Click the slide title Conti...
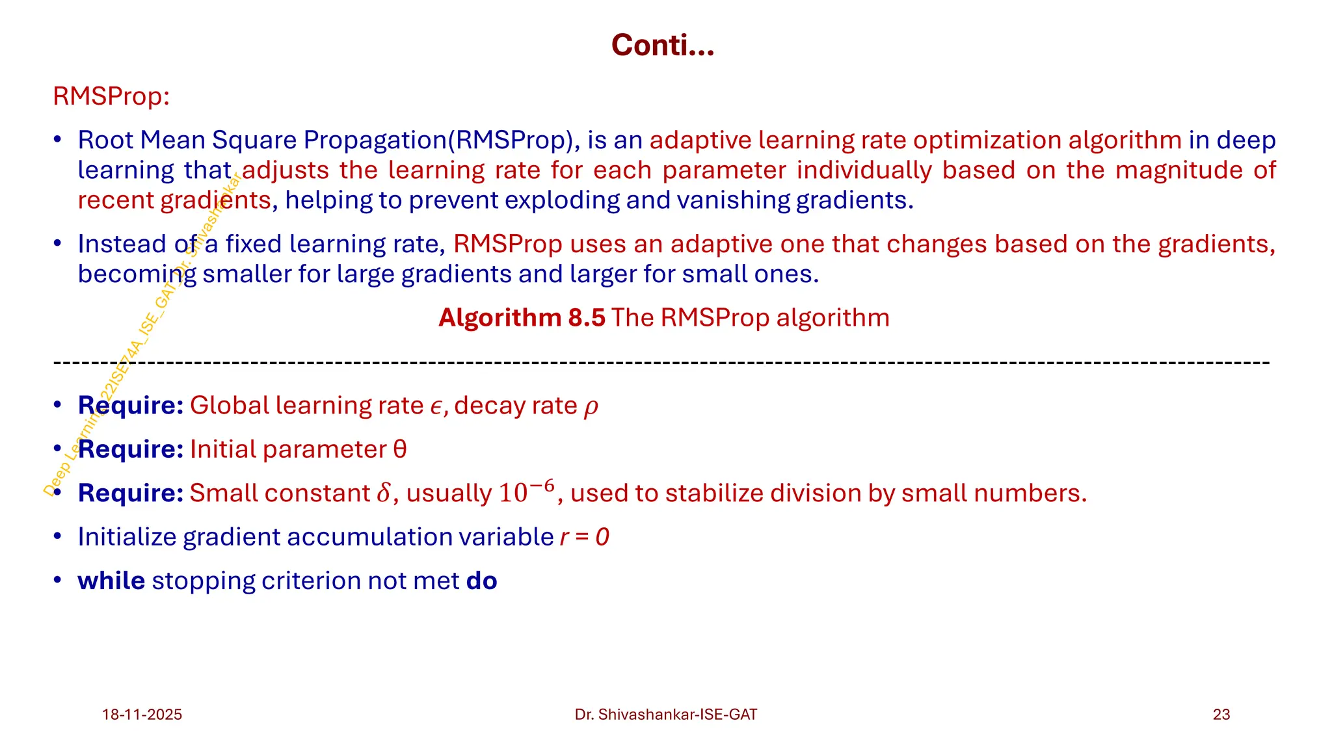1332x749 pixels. (662, 46)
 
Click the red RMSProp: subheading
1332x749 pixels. (111, 96)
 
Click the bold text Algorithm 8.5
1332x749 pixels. (522, 318)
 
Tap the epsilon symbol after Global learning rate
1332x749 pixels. (436, 407)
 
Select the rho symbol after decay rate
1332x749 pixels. (591, 407)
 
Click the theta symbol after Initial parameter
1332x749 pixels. (400, 450)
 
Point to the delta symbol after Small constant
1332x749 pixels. (383, 493)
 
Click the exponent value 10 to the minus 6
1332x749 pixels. (527, 492)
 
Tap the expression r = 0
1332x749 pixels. (584, 538)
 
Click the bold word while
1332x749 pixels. (111, 581)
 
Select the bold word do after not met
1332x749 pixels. (481, 581)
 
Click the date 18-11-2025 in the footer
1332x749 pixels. (142, 715)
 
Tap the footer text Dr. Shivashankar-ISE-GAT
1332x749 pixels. (665, 715)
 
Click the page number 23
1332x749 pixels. (1221, 715)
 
